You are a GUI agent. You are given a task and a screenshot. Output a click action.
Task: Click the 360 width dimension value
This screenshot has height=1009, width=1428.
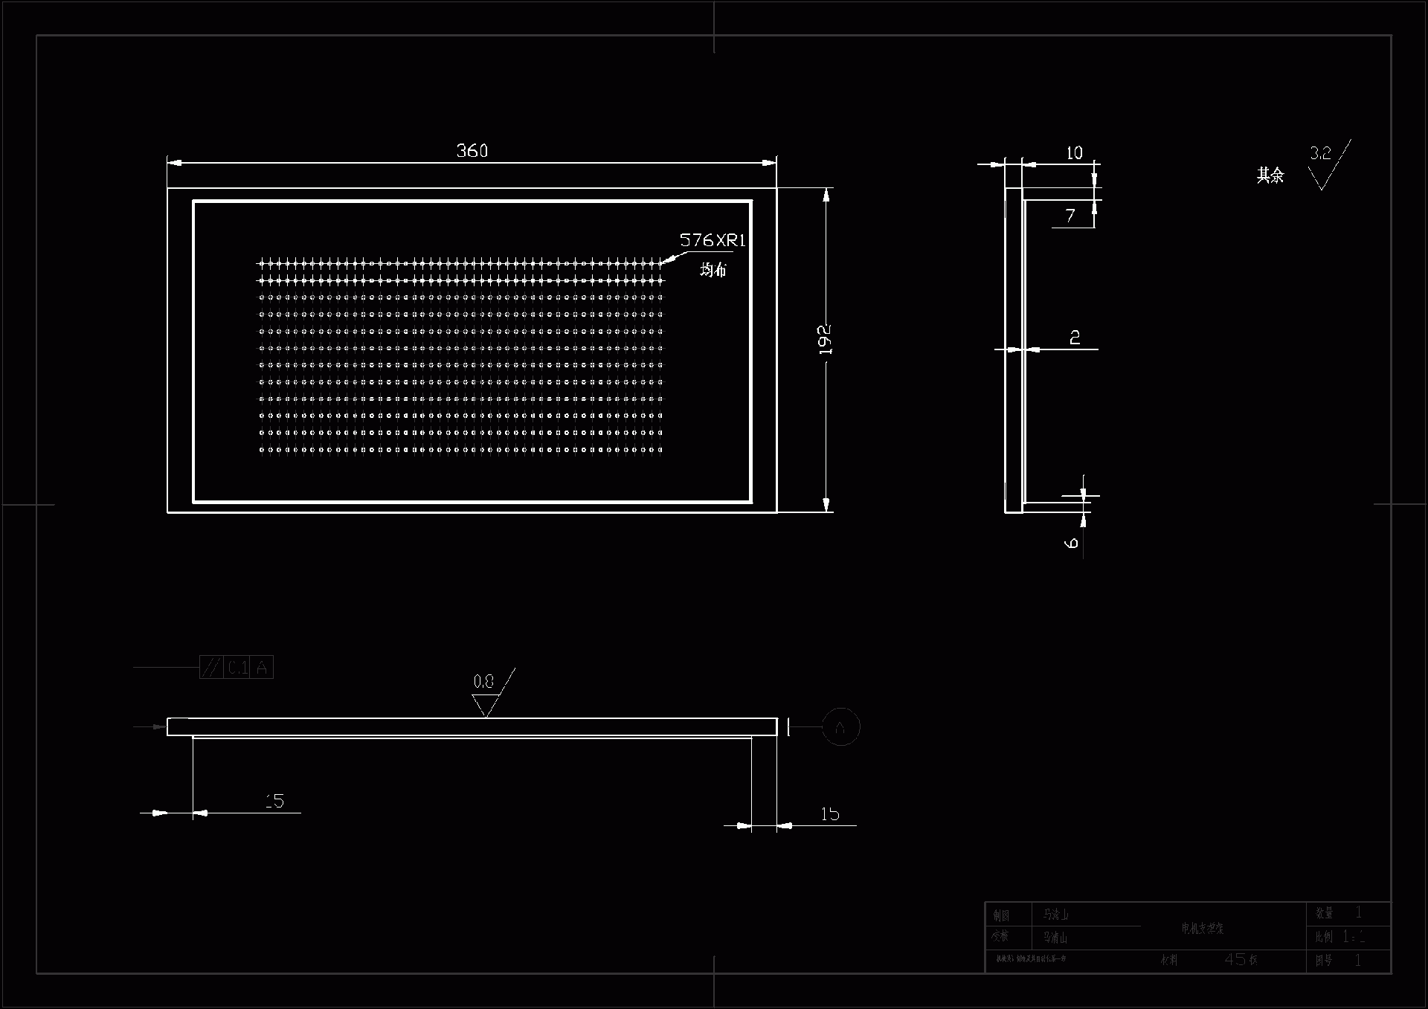(472, 151)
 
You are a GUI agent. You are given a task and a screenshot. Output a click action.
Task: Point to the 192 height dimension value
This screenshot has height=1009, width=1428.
(825, 339)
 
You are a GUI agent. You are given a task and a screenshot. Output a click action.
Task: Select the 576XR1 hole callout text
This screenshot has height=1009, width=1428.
(712, 240)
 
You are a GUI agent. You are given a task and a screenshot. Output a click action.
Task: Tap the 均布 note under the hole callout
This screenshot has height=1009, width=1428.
(713, 269)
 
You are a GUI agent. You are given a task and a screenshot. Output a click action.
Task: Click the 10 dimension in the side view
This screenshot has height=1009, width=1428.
(1074, 153)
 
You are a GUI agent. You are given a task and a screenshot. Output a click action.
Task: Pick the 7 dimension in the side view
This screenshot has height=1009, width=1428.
(1070, 216)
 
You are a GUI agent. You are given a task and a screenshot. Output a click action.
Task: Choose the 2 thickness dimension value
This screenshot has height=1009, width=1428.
(1075, 338)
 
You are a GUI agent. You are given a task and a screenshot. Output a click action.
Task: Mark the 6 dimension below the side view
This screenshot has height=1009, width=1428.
(1072, 543)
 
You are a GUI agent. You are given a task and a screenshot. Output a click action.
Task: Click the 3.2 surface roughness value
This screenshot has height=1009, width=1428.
(1320, 153)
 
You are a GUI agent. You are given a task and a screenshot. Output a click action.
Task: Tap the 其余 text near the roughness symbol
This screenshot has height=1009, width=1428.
(1270, 175)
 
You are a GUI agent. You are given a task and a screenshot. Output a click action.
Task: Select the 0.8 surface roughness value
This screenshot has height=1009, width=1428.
(483, 681)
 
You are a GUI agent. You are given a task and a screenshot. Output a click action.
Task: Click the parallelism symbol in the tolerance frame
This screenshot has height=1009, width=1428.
(211, 668)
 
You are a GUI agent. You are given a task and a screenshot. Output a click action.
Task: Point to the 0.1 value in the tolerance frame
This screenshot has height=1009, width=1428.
(238, 668)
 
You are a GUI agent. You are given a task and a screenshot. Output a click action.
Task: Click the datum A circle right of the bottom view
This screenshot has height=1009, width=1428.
(840, 726)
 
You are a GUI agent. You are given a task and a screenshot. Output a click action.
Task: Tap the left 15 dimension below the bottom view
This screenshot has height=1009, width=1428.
(274, 801)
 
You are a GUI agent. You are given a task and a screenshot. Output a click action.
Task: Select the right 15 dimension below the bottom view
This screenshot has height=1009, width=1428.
(830, 814)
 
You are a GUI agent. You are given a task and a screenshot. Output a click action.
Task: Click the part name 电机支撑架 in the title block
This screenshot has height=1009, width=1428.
(1202, 928)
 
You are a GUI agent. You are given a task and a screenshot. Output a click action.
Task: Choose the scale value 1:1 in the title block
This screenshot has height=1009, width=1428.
(1354, 937)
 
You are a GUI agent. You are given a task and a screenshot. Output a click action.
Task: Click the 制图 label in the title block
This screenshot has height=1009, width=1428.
(1001, 915)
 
